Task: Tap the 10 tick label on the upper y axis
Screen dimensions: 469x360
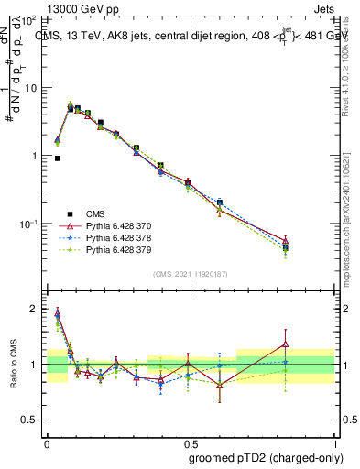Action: (33, 88)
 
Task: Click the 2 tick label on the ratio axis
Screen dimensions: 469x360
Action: (37, 309)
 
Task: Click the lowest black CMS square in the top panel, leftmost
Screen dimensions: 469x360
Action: (58, 158)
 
